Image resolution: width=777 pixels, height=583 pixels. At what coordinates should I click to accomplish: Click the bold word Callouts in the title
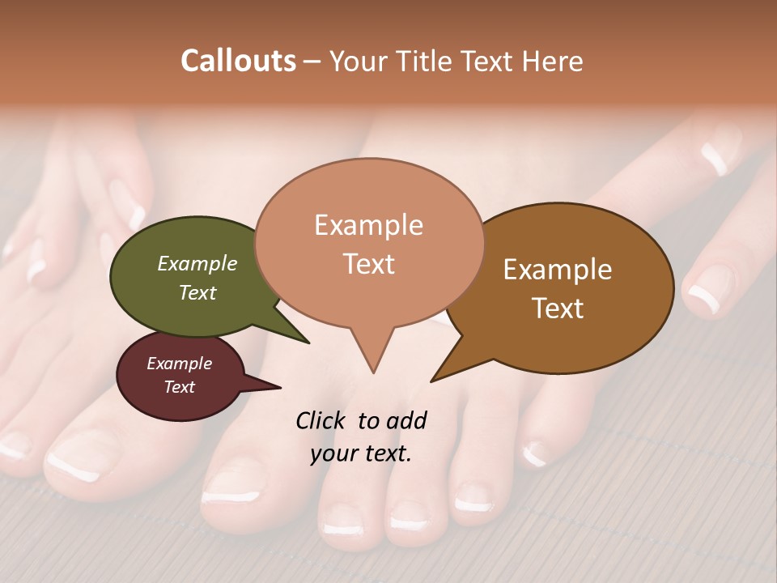click(x=238, y=61)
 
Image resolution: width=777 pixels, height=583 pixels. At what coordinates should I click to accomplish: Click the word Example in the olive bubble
click(x=197, y=264)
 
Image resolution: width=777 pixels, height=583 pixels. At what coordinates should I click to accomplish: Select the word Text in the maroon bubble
click(x=180, y=387)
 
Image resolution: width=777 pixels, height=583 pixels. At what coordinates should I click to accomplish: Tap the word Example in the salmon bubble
click(x=368, y=225)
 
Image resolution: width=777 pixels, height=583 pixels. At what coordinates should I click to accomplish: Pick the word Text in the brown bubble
click(x=558, y=309)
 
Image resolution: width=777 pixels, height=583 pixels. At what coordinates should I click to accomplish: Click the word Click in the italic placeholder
click(x=322, y=420)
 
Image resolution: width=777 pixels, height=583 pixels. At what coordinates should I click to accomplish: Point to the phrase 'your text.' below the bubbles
click(x=361, y=454)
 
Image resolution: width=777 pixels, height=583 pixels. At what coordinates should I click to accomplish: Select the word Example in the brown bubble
click(x=558, y=270)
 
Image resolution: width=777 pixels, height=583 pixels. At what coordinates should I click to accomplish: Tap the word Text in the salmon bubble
click(x=368, y=264)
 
